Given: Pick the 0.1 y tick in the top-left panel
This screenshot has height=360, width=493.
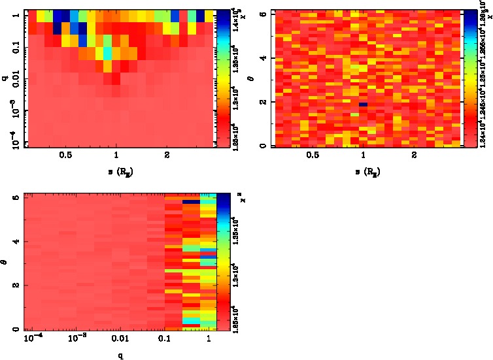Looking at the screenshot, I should (x=14, y=49).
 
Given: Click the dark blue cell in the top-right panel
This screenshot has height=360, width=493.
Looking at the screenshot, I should (x=363, y=105).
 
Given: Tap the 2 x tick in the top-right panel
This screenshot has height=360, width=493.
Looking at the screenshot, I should (x=414, y=155).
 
